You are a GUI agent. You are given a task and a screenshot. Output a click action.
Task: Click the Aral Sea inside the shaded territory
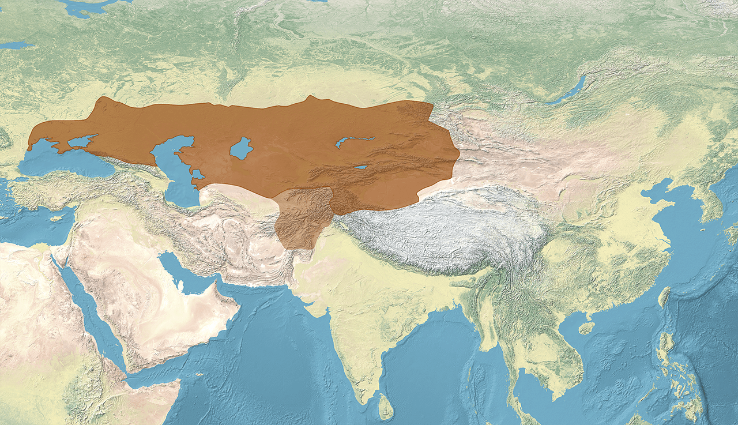241,149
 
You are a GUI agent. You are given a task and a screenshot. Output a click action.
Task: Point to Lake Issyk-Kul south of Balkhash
360,168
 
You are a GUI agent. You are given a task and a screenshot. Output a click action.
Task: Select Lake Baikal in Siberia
567,92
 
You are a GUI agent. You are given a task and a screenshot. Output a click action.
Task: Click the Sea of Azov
80,141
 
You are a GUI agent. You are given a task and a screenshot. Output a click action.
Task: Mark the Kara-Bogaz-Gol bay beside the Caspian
198,174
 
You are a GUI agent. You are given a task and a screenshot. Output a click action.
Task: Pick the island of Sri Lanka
386,407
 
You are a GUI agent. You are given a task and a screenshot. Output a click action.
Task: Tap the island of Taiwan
664,296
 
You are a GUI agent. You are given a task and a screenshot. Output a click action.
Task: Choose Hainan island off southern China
586,328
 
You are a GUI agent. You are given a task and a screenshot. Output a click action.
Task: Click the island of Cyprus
56,218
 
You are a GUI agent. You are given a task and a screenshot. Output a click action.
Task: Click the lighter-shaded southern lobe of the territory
300,219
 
